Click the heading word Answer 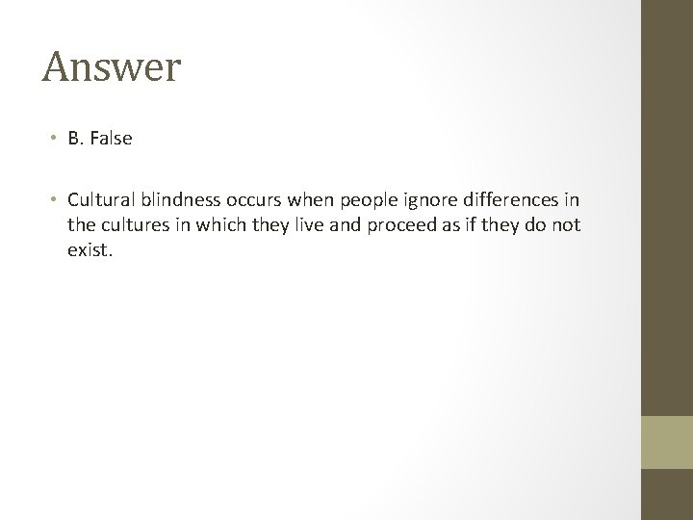(112, 67)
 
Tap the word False (112, 139)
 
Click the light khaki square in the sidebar (667, 442)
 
